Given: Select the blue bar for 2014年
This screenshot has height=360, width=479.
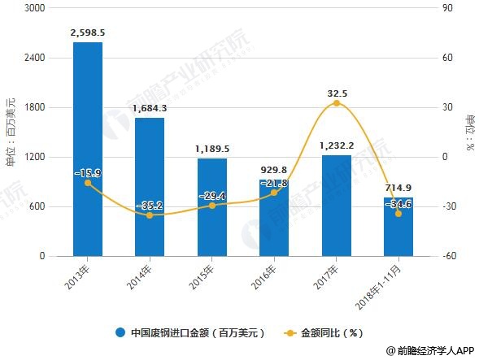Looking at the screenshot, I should [x=150, y=187].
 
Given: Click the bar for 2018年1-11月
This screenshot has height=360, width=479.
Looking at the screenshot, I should [x=398, y=227].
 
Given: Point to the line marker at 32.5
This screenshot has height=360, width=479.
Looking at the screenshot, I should [x=336, y=103].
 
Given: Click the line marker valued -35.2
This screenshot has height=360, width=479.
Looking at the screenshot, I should [x=150, y=215].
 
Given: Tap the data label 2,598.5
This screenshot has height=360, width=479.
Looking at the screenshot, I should [x=87, y=33].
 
